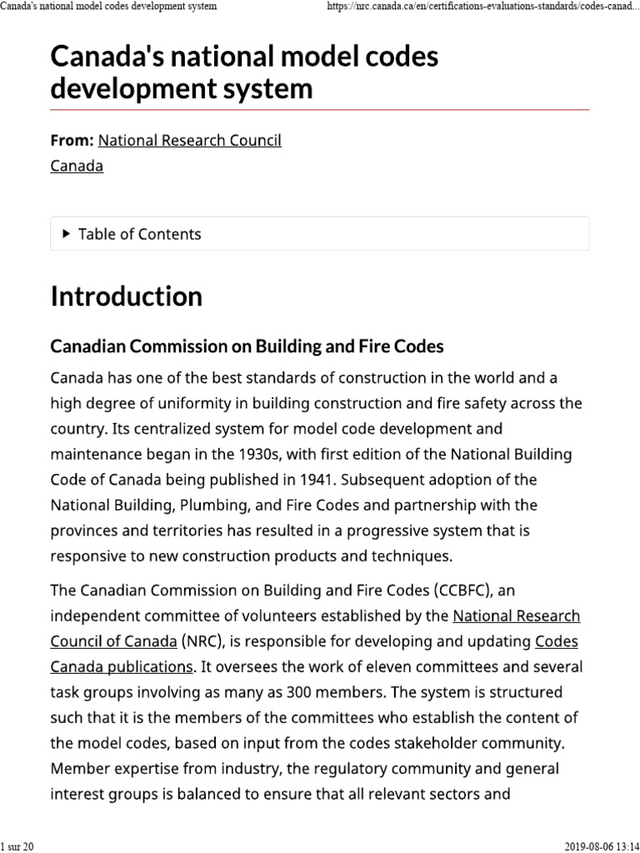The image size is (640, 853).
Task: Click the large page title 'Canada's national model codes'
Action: (244, 57)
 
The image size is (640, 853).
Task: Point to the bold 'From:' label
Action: (72, 141)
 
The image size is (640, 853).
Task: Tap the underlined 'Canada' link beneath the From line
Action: (77, 166)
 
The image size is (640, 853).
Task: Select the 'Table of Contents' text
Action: (139, 234)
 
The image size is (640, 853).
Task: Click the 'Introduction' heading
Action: (126, 297)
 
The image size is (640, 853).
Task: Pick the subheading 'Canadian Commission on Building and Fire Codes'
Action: (247, 346)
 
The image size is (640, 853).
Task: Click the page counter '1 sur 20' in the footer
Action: (17, 846)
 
